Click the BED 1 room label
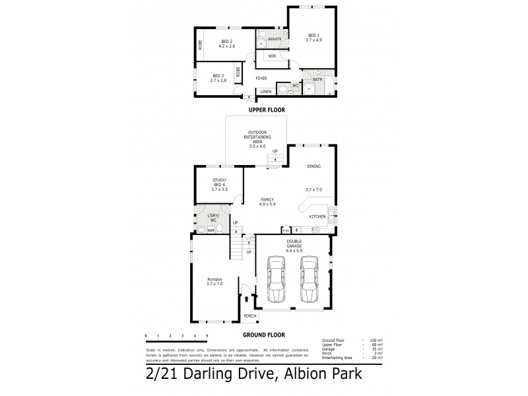click(x=312, y=37)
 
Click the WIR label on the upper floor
click(x=271, y=56)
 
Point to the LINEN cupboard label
click(x=265, y=91)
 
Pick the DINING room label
click(x=313, y=166)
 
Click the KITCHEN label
click(x=317, y=216)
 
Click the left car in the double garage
click(x=277, y=279)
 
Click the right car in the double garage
click(x=309, y=279)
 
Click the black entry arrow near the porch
click(x=247, y=299)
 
